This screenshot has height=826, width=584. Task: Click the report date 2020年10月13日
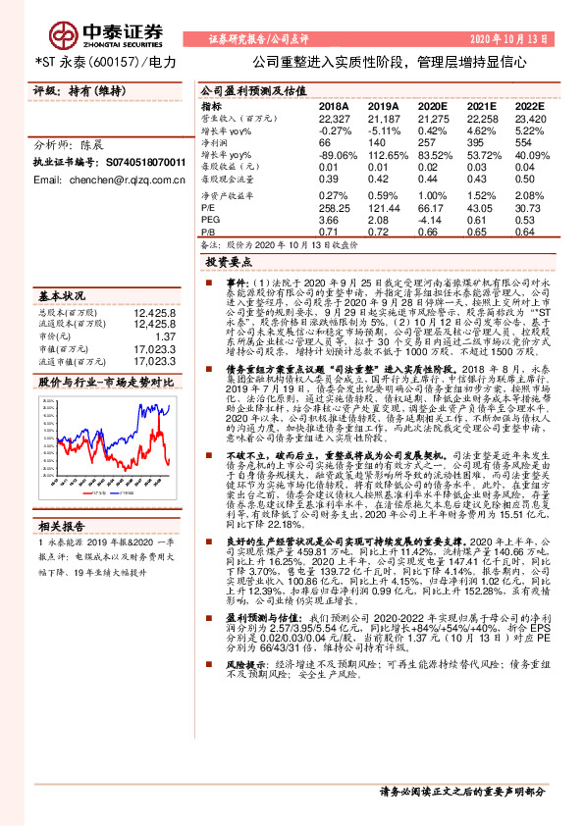coord(525,38)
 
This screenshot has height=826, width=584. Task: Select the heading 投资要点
coord(230,263)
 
